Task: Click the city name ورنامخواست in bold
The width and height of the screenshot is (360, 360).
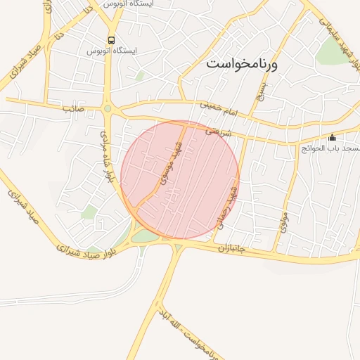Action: (243, 63)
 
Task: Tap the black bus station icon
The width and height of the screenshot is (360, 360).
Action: (111, 40)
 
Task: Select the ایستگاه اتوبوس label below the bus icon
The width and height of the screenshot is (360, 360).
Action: (111, 51)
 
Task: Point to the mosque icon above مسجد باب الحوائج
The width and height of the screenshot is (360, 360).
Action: (333, 137)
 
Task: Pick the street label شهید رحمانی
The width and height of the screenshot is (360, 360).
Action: (233, 193)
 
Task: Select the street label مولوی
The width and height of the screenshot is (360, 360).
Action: (283, 221)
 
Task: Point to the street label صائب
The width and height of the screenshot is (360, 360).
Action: (73, 109)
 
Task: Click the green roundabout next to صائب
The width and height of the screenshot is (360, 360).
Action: (108, 108)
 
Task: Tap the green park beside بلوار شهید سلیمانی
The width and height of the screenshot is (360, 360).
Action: (329, 51)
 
